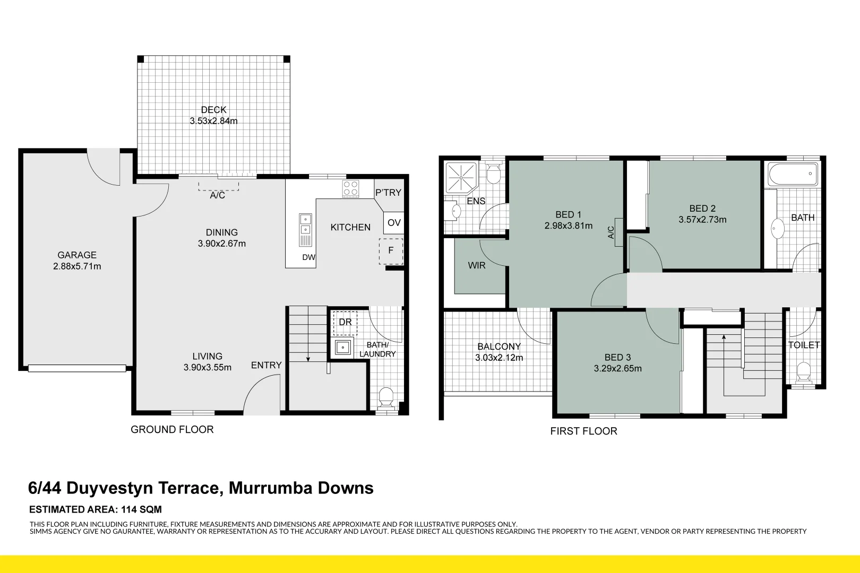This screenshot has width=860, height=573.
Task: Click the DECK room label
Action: [213, 110]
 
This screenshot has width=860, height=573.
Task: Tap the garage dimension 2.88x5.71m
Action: [77, 266]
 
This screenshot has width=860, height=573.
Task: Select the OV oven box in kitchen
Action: [394, 223]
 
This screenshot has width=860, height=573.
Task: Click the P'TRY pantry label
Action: [388, 193]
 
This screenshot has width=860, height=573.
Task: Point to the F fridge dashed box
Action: [391, 251]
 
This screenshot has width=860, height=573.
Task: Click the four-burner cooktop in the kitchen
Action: [350, 189]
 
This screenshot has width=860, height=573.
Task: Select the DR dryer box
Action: [345, 323]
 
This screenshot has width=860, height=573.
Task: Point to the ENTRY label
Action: [266, 365]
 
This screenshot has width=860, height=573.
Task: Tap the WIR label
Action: [476, 265]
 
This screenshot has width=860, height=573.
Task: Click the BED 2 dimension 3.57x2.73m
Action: [702, 220]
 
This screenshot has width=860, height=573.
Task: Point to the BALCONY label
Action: [498, 346]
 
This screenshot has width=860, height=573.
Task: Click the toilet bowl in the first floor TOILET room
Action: [804, 371]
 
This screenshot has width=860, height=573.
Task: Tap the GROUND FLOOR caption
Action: [172, 430]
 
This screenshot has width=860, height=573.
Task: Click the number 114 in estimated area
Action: [128, 509]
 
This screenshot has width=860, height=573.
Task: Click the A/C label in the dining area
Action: [218, 195]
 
